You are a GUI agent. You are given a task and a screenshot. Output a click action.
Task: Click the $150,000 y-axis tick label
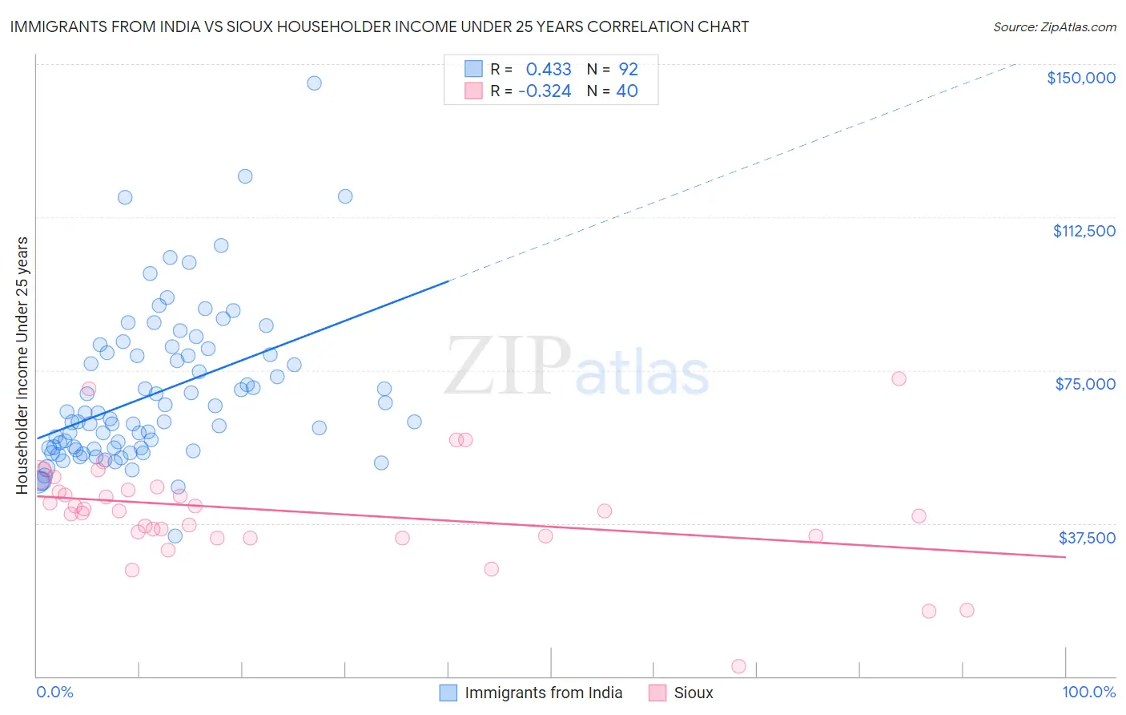click(1080, 78)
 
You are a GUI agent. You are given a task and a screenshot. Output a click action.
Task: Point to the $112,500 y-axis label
click(1084, 231)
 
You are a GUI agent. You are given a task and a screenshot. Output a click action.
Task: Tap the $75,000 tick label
click(1084, 384)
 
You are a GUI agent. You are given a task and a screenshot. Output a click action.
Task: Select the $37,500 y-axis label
click(1086, 538)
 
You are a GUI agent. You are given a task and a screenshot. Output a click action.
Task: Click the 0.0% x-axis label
click(54, 692)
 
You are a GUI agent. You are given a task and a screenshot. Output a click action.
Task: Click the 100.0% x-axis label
click(1088, 692)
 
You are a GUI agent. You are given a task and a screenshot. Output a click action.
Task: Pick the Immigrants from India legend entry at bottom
click(543, 693)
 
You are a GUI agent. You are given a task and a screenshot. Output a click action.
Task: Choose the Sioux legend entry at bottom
click(693, 693)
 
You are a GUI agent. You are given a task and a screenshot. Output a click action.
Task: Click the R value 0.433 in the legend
click(549, 70)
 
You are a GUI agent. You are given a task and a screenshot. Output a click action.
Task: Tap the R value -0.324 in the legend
click(545, 91)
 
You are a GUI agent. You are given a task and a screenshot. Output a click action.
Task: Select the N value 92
click(628, 70)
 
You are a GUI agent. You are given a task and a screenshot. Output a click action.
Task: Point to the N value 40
click(627, 91)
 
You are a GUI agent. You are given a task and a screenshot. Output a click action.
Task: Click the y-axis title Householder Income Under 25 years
click(22, 365)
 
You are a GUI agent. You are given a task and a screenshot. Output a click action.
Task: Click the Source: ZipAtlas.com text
click(1054, 27)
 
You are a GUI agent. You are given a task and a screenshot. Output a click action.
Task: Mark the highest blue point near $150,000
click(314, 83)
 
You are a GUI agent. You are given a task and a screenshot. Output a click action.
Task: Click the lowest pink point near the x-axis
click(738, 666)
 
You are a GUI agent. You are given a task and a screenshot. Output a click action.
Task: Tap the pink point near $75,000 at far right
click(899, 378)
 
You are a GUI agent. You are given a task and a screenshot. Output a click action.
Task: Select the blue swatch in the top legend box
click(473, 70)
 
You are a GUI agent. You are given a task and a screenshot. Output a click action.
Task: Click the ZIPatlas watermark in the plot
click(577, 366)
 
